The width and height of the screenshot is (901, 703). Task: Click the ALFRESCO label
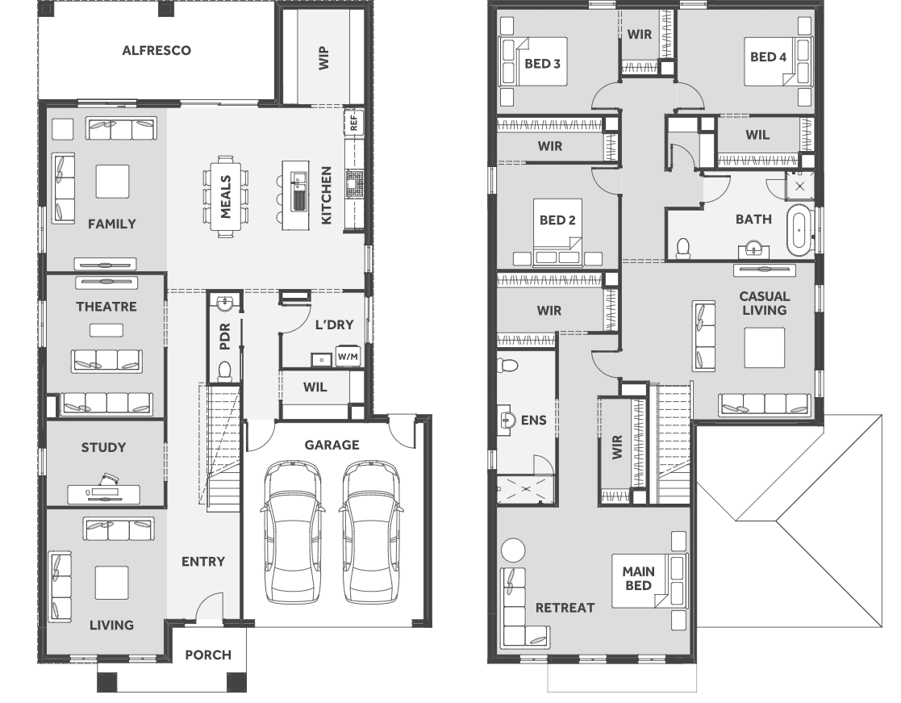(x=156, y=51)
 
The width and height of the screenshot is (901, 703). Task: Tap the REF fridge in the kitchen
(x=353, y=122)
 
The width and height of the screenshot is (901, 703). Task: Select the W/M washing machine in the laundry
(x=348, y=357)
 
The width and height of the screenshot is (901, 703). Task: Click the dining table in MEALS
(x=226, y=197)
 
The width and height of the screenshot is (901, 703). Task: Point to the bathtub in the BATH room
(x=799, y=230)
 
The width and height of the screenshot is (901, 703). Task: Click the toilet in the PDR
(x=225, y=370)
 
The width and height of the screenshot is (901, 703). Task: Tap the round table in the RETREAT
(x=513, y=550)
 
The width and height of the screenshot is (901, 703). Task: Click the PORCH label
(x=208, y=655)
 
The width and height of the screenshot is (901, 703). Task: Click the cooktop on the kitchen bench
(x=355, y=183)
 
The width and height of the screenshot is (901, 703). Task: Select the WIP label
(x=323, y=58)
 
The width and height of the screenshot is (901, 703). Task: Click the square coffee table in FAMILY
(x=113, y=182)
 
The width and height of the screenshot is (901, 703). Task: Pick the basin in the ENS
(x=507, y=421)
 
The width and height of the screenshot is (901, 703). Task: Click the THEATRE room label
(x=106, y=307)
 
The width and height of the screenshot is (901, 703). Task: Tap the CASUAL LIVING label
(x=764, y=303)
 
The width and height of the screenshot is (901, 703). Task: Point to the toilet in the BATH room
(x=683, y=249)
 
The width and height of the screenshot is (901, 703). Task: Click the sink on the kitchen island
(x=298, y=192)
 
